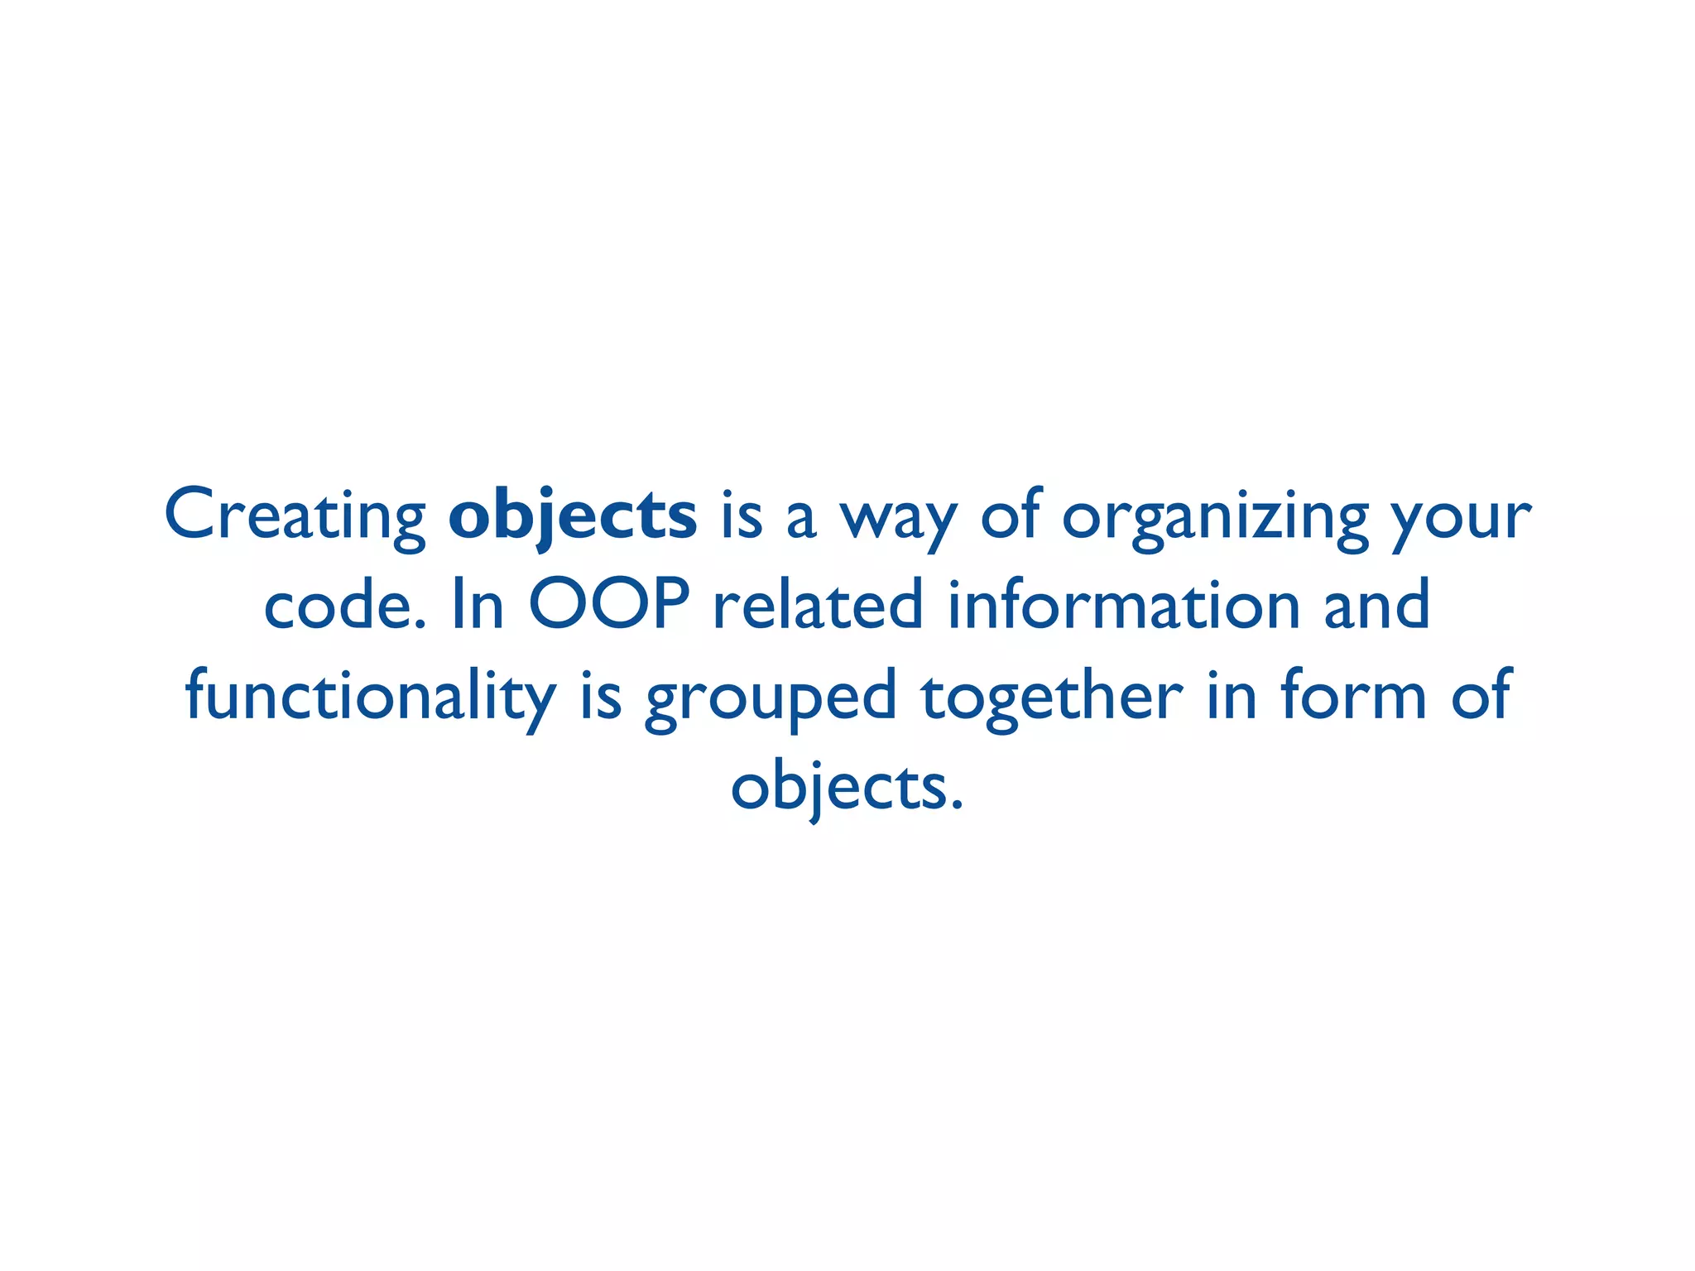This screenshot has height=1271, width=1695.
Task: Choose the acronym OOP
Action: click(609, 606)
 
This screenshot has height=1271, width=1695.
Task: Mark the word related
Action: click(818, 606)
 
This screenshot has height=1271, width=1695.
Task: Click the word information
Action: click(1123, 606)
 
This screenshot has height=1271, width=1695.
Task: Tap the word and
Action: click(1377, 606)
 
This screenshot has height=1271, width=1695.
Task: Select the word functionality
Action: click(370, 697)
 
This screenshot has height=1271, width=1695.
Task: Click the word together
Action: click(1052, 697)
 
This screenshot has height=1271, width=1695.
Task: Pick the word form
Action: click(1354, 697)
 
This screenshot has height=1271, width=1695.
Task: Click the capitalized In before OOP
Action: click(478, 606)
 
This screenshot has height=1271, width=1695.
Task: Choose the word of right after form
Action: click(1482, 697)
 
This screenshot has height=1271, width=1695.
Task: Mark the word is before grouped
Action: click(601, 697)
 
